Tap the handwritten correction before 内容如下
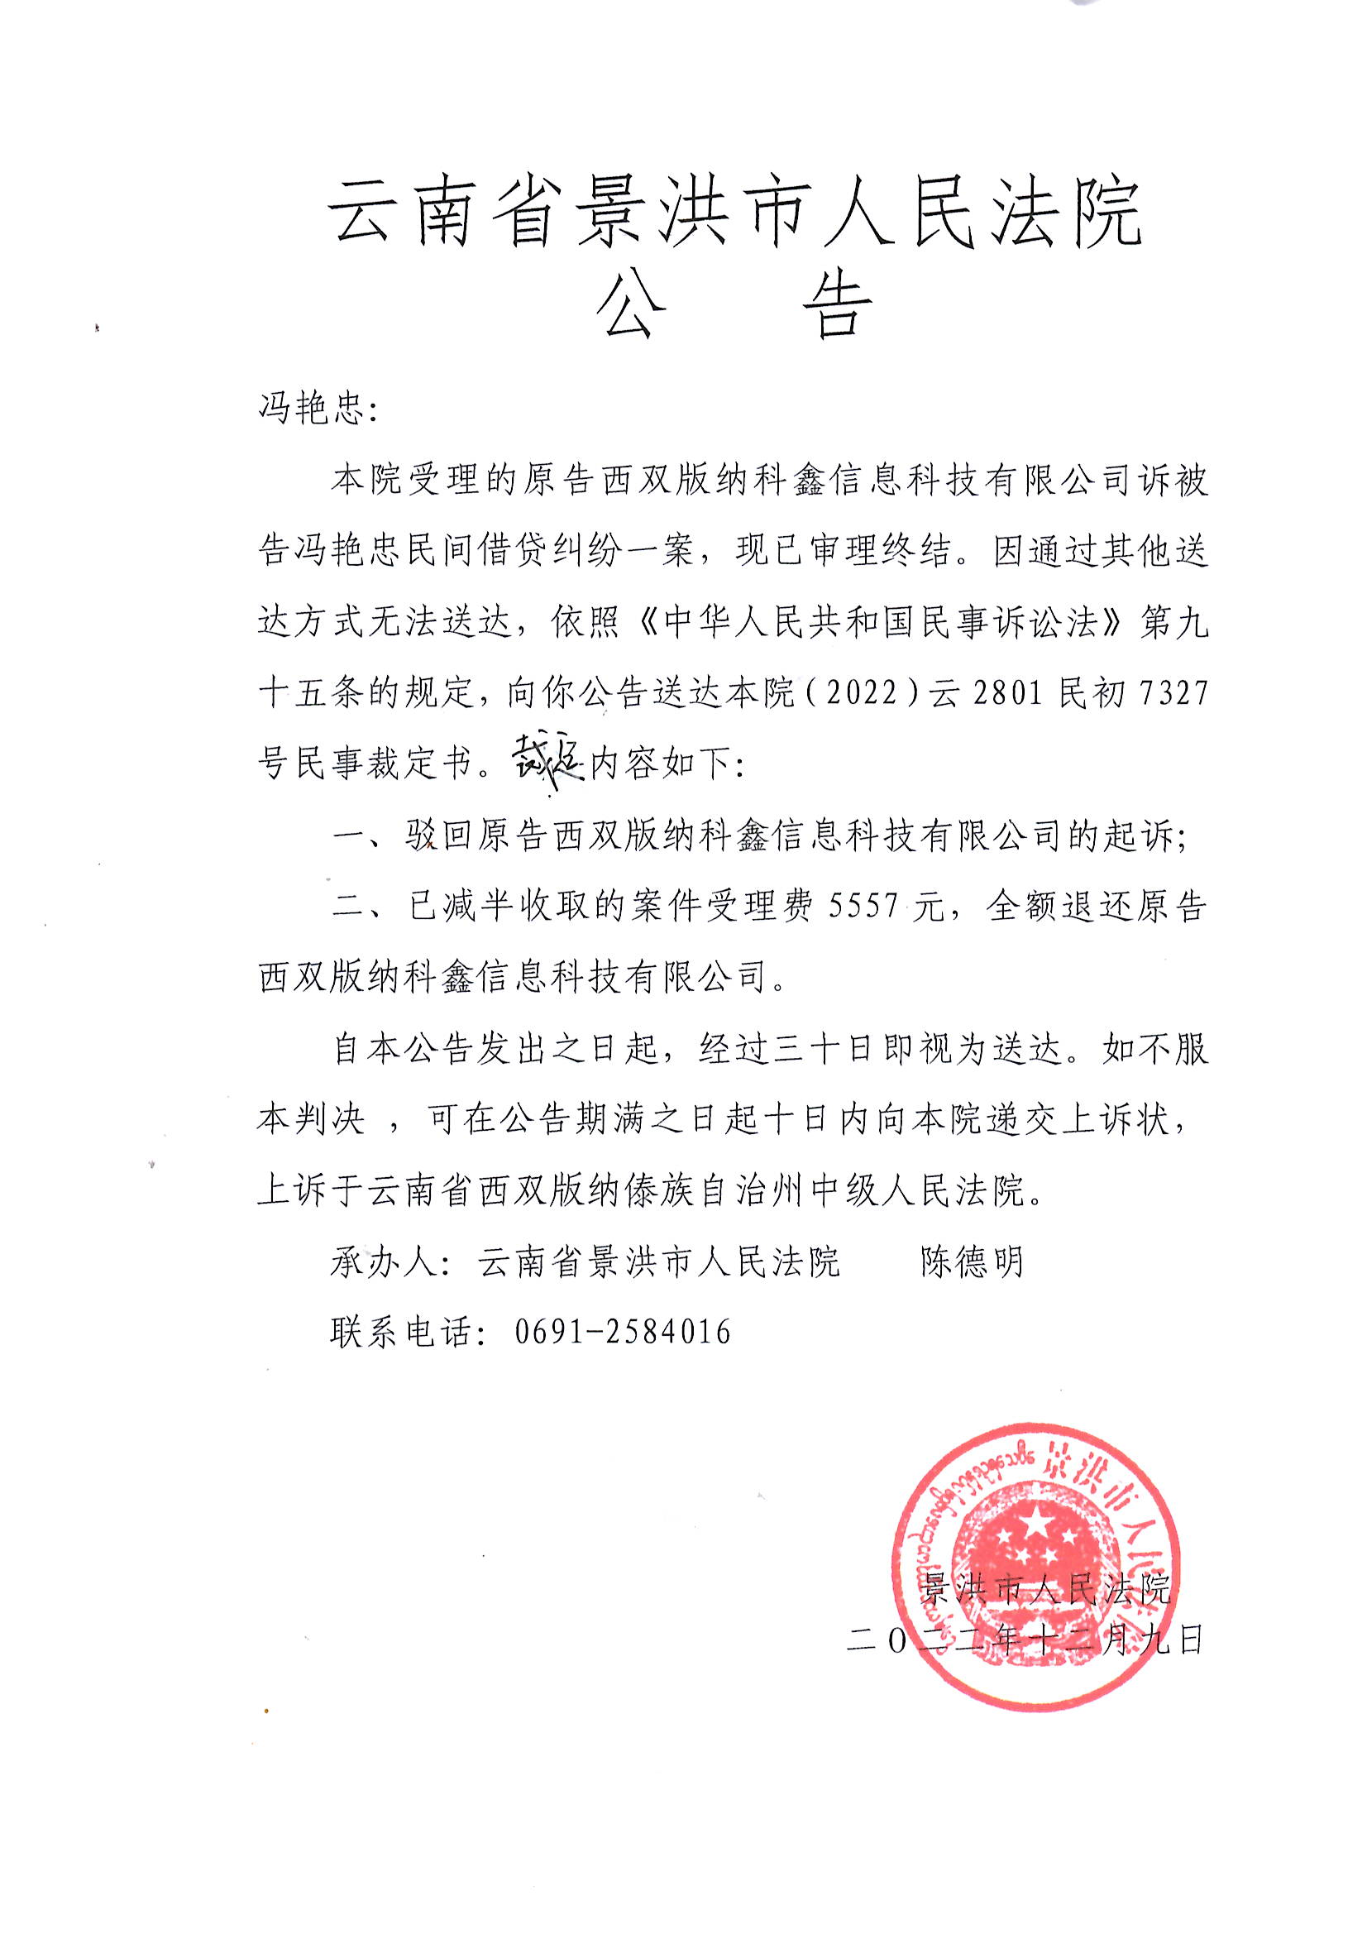pyautogui.click(x=547, y=764)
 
